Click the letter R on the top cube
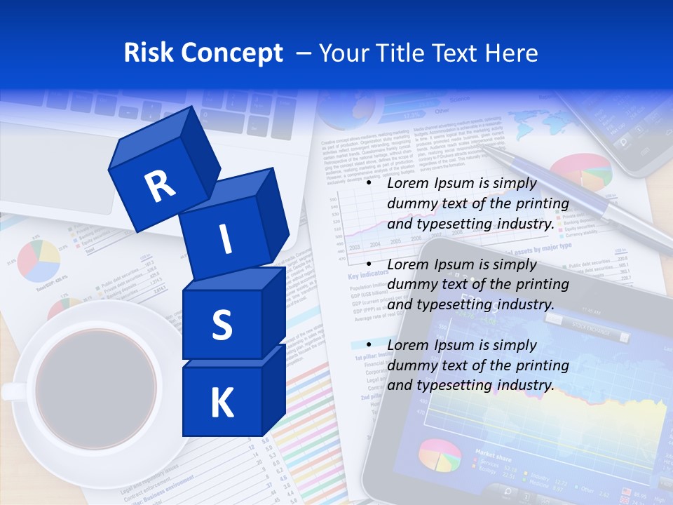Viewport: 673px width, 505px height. point(160,186)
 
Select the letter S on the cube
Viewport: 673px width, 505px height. point(222,325)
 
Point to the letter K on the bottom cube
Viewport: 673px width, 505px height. point(222,403)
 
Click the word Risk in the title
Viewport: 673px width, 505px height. point(149,53)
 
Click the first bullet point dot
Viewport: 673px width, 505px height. point(367,183)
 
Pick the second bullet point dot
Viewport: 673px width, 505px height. point(367,264)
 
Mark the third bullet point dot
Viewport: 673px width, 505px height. point(367,345)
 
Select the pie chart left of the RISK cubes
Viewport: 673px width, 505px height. point(39,260)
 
